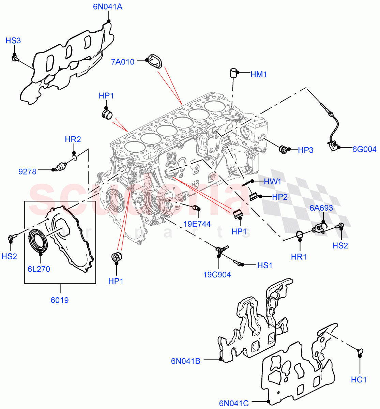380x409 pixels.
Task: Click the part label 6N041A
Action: pyautogui.click(x=108, y=7)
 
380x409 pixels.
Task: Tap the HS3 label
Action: pyautogui.click(x=13, y=41)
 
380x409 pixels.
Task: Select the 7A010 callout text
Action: pyautogui.click(x=123, y=62)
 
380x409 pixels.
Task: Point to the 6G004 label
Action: pyautogui.click(x=364, y=149)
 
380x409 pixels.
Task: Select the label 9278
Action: pyautogui.click(x=27, y=171)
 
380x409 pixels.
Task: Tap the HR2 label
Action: pyautogui.click(x=73, y=139)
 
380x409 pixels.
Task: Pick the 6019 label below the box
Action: pyautogui.click(x=60, y=300)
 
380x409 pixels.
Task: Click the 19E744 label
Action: pyautogui.click(x=197, y=224)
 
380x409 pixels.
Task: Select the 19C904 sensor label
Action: pyautogui.click(x=217, y=275)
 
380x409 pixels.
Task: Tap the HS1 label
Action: pyautogui.click(x=265, y=265)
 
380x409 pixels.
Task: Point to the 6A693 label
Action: pyautogui.click(x=321, y=208)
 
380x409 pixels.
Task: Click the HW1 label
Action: pyautogui.click(x=273, y=182)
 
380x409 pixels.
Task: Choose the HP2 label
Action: pyautogui.click(x=279, y=197)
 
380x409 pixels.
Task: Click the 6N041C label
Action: pyautogui.click(x=234, y=404)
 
